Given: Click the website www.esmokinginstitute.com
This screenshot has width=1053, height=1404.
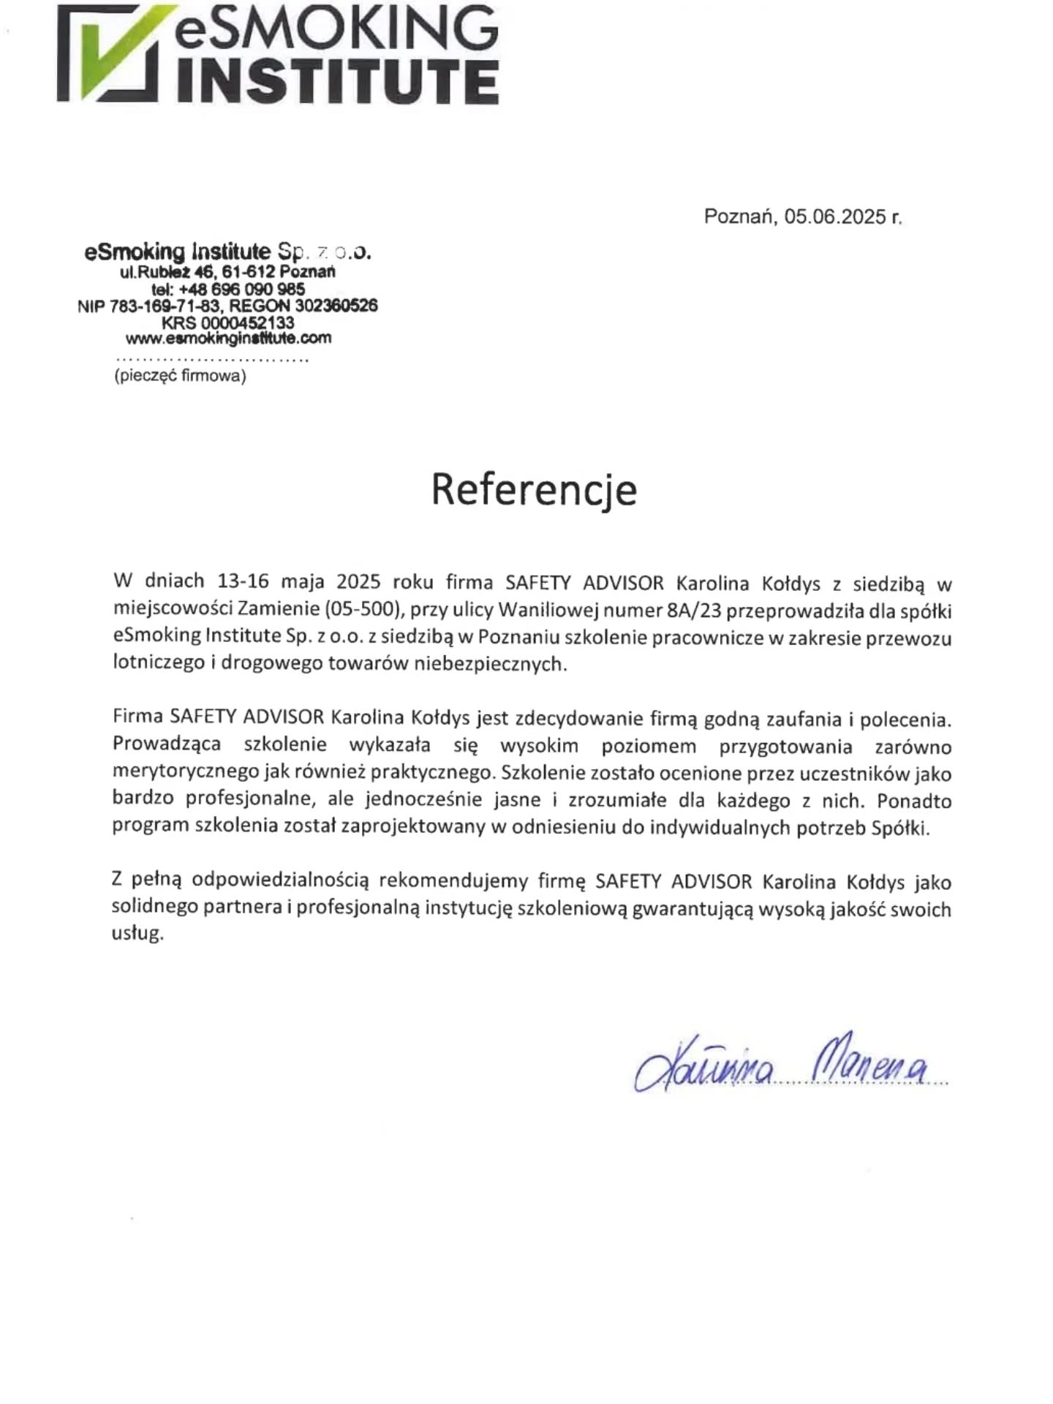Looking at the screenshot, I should click(x=228, y=339).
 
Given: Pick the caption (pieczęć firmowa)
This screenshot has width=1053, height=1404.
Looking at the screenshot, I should click(x=180, y=377).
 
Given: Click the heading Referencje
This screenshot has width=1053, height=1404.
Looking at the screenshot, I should click(x=534, y=489).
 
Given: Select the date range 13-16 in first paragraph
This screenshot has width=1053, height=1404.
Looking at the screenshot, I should click(x=243, y=582).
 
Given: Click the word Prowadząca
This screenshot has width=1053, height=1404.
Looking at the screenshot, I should click(x=167, y=745).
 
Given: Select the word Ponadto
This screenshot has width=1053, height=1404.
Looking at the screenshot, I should click(x=914, y=801).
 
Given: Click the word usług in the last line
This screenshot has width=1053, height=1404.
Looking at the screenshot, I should click(x=137, y=935).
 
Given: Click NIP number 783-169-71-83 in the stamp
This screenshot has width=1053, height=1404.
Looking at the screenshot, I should click(x=161, y=306).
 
